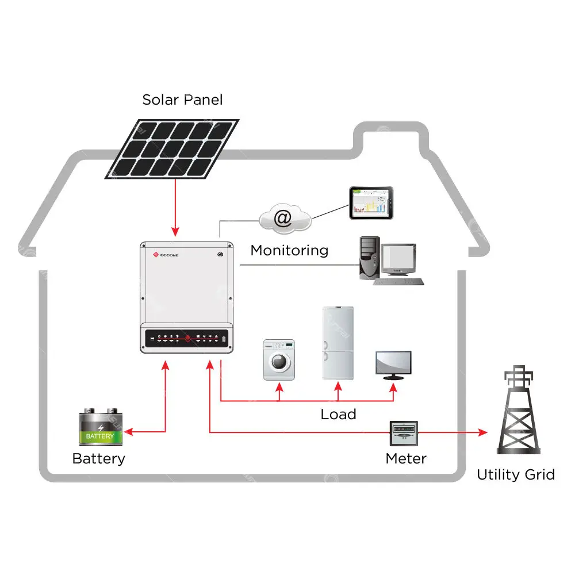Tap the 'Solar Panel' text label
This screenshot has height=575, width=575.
click(x=182, y=99)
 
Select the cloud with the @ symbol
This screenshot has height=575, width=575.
click(x=284, y=219)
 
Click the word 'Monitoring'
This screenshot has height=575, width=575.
click(x=289, y=251)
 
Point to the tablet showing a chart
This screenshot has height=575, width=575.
click(x=372, y=202)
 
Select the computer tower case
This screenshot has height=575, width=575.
click(x=369, y=258)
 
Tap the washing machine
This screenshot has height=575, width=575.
click(x=279, y=360)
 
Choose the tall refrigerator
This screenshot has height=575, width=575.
click(x=338, y=343)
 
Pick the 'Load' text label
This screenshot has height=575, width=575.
click(x=338, y=414)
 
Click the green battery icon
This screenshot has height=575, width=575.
click(x=101, y=428)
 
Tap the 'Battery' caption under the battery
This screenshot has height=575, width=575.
click(x=98, y=459)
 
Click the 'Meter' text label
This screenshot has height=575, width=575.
click(x=406, y=459)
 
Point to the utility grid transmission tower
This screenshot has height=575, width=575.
click(x=519, y=411)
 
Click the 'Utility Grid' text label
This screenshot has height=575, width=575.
click(x=516, y=475)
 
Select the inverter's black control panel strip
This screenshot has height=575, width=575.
click(x=186, y=339)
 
